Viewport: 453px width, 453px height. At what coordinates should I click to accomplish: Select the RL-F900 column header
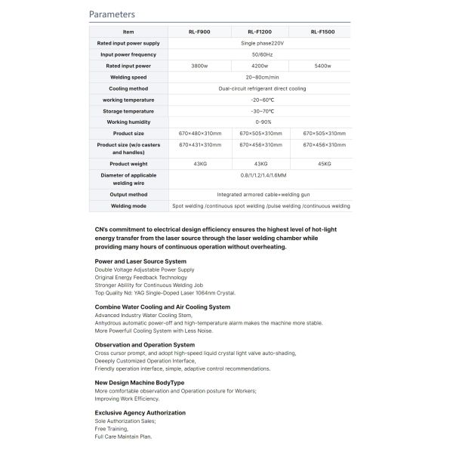coord(199,32)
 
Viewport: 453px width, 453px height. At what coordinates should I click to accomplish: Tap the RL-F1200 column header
coord(259,32)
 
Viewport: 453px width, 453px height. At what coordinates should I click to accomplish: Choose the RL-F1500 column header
coord(323,32)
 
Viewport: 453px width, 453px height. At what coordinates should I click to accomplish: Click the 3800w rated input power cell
coord(199,66)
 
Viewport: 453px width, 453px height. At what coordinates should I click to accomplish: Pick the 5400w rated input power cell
coord(323,66)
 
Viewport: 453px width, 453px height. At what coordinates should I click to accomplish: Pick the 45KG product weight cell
coord(323,164)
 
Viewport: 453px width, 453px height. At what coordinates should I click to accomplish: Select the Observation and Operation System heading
coord(144,345)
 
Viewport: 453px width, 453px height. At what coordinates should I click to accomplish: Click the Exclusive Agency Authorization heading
coord(140,413)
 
